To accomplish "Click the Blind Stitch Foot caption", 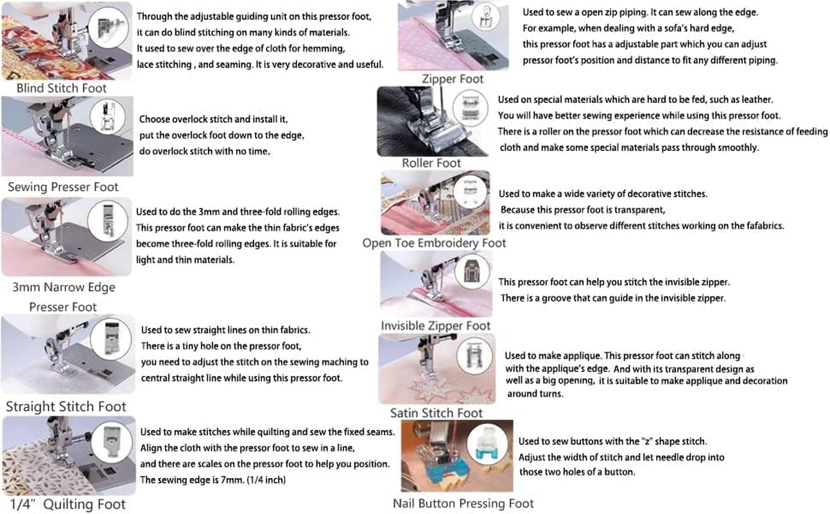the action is [x=62, y=88].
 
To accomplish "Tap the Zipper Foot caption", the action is [x=453, y=78].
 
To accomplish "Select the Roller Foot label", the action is [x=431, y=163].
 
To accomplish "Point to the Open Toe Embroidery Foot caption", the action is [x=434, y=243].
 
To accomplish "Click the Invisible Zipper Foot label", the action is [x=435, y=326].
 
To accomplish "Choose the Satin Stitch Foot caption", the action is [x=436, y=412].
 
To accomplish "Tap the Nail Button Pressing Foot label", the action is [x=463, y=503].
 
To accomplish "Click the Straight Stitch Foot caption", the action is [x=66, y=407].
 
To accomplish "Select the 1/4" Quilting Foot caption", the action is [x=68, y=504].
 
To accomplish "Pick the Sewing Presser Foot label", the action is [x=63, y=187].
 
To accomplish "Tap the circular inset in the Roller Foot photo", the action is [x=471, y=109].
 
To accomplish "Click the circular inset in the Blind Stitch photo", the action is [x=108, y=28].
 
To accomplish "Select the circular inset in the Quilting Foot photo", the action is [x=112, y=443].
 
